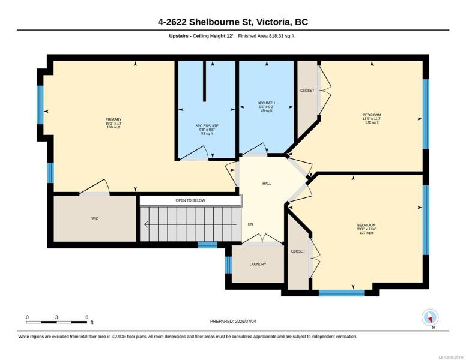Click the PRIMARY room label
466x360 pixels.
(x=113, y=119)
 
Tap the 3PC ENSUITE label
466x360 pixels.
(x=207, y=126)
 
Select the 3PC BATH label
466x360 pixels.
(x=266, y=103)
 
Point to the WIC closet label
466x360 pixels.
(x=95, y=218)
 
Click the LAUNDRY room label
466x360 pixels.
(x=258, y=264)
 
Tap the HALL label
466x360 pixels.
(x=267, y=184)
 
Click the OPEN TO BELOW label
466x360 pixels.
(x=190, y=200)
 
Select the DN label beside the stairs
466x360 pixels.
(x=250, y=224)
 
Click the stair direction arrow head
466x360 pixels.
(x=146, y=224)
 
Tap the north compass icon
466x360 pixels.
(x=430, y=317)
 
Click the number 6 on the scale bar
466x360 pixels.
(x=87, y=317)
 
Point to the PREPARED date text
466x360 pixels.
(x=233, y=321)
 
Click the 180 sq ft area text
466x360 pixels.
(x=113, y=127)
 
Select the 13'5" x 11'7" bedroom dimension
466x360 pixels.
(x=372, y=119)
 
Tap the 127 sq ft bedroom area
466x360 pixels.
(x=366, y=233)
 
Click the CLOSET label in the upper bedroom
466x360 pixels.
(x=307, y=90)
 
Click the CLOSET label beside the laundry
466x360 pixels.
(x=298, y=251)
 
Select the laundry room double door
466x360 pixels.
(x=262, y=239)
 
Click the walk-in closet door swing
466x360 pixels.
(x=95, y=187)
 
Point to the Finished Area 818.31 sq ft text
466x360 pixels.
(x=266, y=36)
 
